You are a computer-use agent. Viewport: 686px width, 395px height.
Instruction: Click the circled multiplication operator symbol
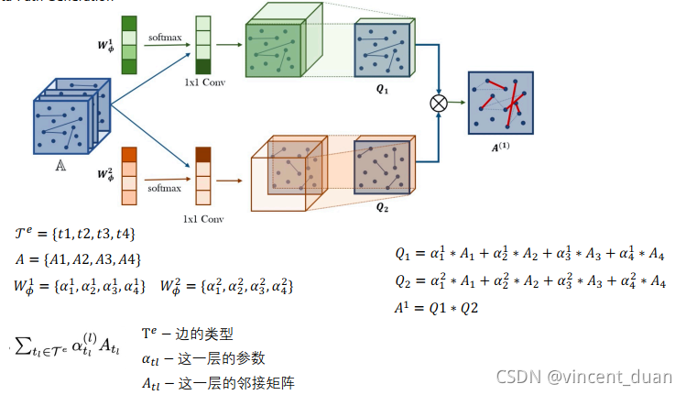click(x=439, y=102)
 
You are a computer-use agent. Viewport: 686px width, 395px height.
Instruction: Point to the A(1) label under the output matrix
click(x=501, y=145)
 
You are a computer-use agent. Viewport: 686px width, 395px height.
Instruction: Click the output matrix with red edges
click(x=501, y=103)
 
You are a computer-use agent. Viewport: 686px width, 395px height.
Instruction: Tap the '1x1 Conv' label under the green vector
click(x=202, y=82)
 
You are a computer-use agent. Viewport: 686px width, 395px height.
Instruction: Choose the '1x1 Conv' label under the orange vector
click(x=202, y=220)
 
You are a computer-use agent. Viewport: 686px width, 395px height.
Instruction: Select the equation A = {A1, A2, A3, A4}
click(x=78, y=258)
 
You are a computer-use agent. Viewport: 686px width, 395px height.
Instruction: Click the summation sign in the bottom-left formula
click(x=26, y=346)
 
